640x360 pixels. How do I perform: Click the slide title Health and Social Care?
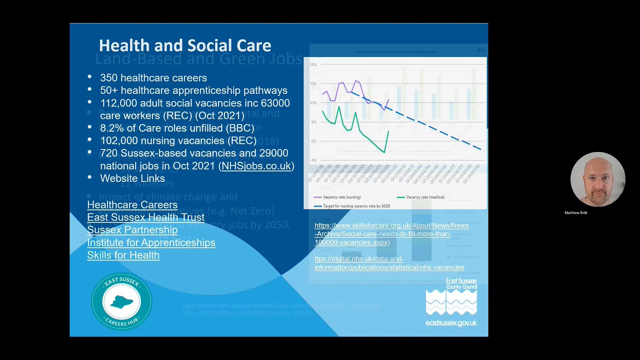coord(184,45)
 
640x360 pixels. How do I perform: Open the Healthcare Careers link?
coord(132,204)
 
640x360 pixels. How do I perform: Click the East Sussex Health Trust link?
coord(145,217)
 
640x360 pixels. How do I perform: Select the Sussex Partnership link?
coord(132,229)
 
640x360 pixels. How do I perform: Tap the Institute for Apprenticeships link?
coord(151,242)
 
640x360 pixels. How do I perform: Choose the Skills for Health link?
coord(123,255)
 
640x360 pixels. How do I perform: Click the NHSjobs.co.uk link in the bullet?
coord(256,166)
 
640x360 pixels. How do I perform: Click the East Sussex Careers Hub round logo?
coord(121,301)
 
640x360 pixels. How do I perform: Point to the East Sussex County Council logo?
coord(451,302)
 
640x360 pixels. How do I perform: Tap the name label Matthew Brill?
coord(575,213)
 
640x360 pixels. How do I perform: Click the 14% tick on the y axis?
coord(313,64)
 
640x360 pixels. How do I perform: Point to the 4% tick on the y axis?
coord(313,160)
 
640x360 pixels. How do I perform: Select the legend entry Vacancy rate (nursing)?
coord(341,197)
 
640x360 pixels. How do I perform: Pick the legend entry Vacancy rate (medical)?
coord(425,197)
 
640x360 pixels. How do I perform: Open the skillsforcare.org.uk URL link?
coord(391,234)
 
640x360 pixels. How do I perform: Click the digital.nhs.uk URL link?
coord(389,263)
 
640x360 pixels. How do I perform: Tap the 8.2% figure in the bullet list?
coord(111,128)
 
